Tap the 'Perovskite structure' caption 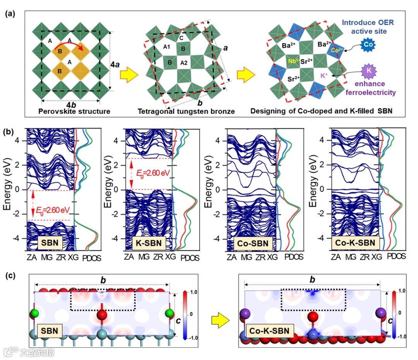[x=74, y=111]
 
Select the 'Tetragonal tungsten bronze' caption [x=186, y=111]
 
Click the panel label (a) [x=10, y=14]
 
